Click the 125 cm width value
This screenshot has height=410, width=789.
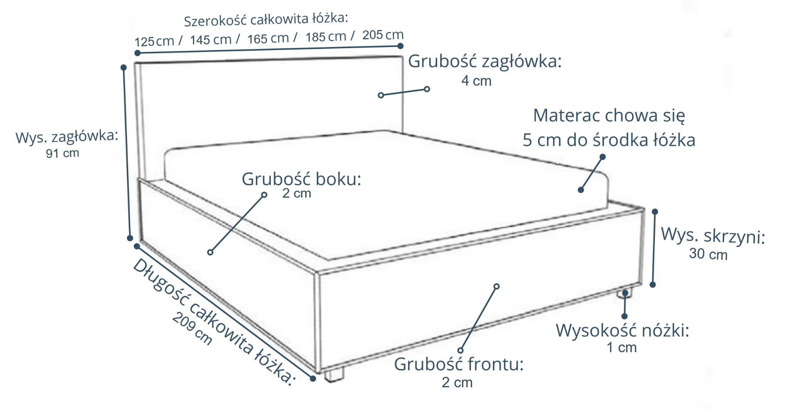(x=154, y=41)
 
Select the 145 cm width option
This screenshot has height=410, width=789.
(x=210, y=40)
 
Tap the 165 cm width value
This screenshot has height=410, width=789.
(x=268, y=39)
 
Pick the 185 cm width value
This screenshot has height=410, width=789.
(x=326, y=37)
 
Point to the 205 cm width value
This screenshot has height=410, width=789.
(x=383, y=35)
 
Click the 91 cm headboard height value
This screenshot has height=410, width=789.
(x=62, y=153)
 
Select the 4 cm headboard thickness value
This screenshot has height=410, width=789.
(x=476, y=81)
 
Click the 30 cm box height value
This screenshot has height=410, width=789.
(x=708, y=254)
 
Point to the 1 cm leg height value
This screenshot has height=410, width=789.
(x=621, y=348)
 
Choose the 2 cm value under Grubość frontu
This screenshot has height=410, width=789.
(x=457, y=382)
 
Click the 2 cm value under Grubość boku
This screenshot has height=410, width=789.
(x=297, y=193)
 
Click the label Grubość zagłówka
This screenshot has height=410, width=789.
(x=485, y=62)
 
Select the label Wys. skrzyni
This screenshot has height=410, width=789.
(x=713, y=236)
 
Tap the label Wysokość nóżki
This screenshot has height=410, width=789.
(x=622, y=331)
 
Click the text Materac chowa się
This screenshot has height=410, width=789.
(x=609, y=116)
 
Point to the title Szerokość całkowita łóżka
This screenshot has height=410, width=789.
(x=266, y=19)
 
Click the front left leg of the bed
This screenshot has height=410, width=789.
(x=334, y=375)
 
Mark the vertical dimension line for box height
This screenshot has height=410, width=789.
(x=654, y=249)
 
